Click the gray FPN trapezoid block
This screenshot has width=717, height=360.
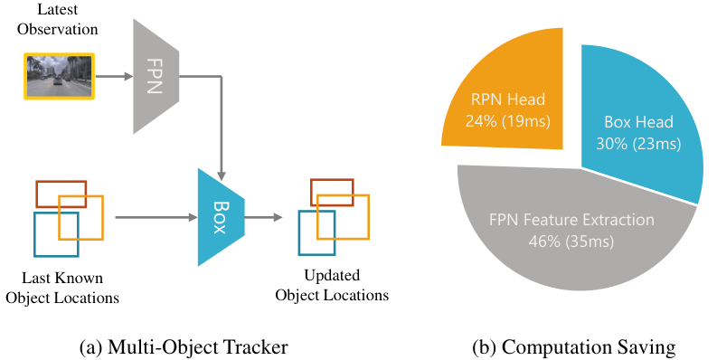(x=156, y=76)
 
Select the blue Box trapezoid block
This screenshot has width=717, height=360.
(x=221, y=217)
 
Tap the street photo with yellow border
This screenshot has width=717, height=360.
(x=59, y=76)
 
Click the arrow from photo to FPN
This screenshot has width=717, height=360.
(x=114, y=76)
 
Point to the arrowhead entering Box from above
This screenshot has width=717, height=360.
(x=222, y=176)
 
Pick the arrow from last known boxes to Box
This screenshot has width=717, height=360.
(x=156, y=217)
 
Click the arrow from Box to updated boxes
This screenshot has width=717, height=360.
(x=264, y=217)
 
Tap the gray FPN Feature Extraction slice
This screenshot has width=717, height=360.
(x=571, y=229)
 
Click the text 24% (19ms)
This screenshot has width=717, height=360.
(x=508, y=121)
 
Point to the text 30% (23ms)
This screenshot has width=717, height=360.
(x=638, y=144)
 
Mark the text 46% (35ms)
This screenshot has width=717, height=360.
(x=571, y=242)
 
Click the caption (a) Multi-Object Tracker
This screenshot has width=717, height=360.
(x=184, y=347)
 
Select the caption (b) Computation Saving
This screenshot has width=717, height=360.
(x=574, y=347)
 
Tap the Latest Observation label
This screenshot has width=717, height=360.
(x=58, y=19)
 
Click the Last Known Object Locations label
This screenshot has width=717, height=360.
(x=62, y=288)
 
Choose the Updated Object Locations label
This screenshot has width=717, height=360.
(x=332, y=285)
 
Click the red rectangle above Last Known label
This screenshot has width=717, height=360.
(x=61, y=182)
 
